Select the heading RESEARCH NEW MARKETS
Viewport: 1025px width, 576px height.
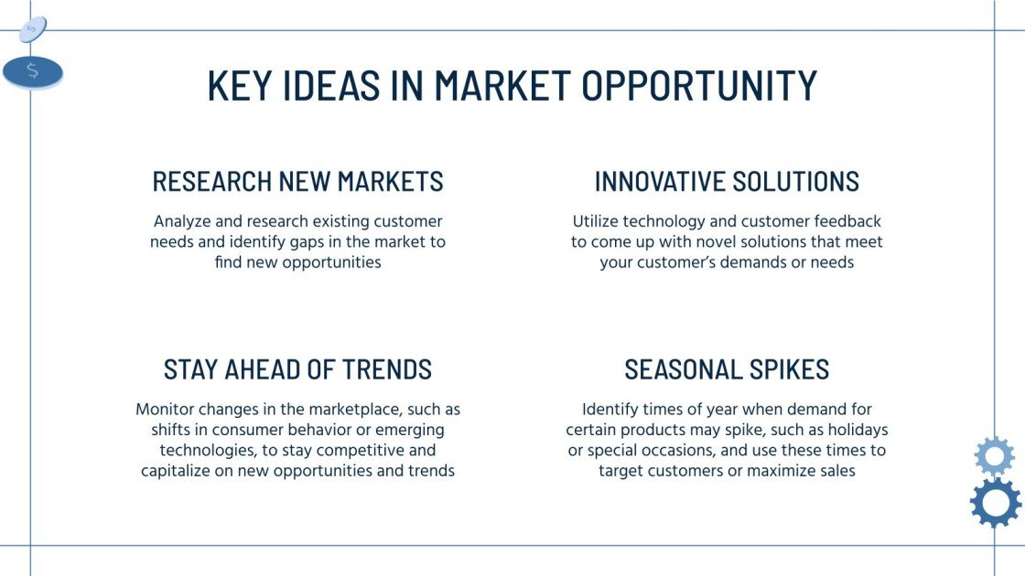coord(297,181)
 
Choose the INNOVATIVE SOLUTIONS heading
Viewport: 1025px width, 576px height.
coord(727,181)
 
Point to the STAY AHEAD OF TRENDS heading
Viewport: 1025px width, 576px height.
coord(297,369)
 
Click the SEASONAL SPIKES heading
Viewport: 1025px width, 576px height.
coord(727,369)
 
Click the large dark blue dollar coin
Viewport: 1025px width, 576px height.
coord(33,72)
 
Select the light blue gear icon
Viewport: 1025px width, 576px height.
coord(994,455)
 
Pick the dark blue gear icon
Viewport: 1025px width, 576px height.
coord(995,502)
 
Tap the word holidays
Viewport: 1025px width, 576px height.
coord(854,430)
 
